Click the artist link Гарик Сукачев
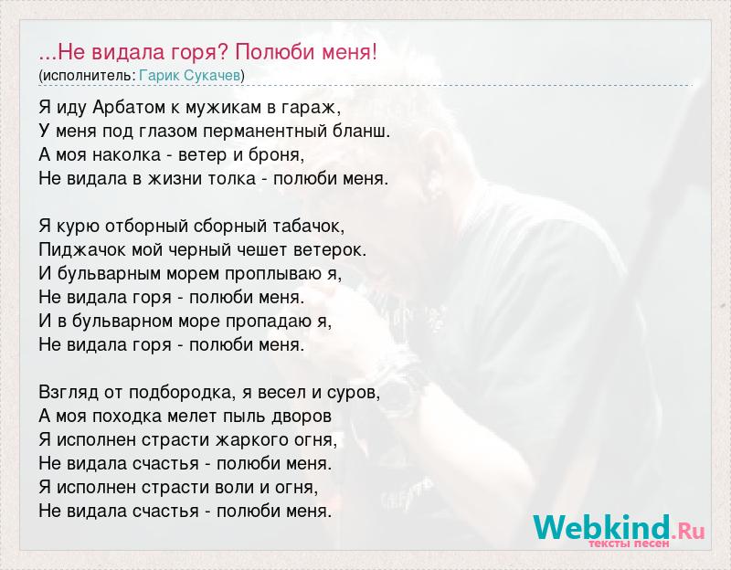tap(190, 76)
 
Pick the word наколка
tap(127, 155)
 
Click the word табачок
tap(309, 226)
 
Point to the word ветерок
tap(330, 250)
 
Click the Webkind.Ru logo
tap(620, 528)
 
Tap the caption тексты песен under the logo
tap(629, 544)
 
